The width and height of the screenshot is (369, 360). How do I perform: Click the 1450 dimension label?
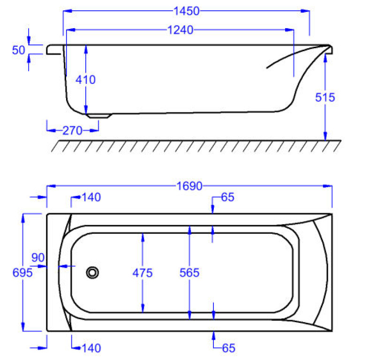coord(187,11)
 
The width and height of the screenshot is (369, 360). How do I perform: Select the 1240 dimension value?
coord(180,30)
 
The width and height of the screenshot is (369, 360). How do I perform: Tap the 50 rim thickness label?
coord(18,50)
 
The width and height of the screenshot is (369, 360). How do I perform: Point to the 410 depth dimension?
coord(85,80)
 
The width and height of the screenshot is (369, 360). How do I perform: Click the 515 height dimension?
coord(325,97)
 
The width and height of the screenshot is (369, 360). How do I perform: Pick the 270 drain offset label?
coord(72,131)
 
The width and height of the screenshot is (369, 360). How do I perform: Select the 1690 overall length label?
coord(189,186)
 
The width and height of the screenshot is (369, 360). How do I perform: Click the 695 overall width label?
coord(23,273)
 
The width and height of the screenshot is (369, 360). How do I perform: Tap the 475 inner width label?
coord(143,273)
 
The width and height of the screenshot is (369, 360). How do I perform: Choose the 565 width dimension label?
coord(189,273)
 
